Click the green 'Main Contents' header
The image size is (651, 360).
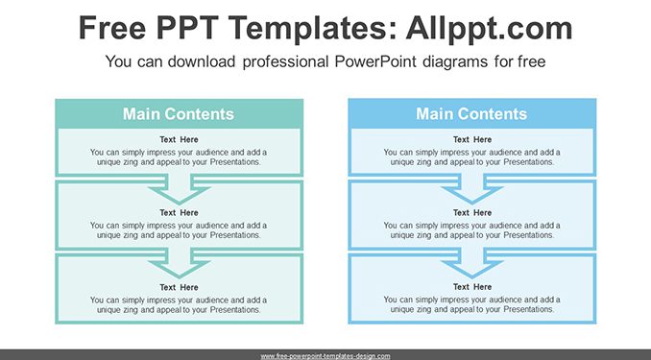tap(179, 114)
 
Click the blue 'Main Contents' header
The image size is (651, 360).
tap(472, 114)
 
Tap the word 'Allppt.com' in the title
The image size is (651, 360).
tap(489, 28)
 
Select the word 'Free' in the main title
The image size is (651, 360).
tap(112, 28)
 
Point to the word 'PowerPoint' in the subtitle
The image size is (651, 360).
tap(375, 61)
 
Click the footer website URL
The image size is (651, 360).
tap(325, 356)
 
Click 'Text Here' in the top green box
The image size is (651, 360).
tap(179, 139)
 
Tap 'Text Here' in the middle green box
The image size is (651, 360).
tap(179, 212)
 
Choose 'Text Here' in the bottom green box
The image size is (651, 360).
tap(179, 287)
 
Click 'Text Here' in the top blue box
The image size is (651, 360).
tap(472, 139)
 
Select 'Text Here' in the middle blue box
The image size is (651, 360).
tap(472, 212)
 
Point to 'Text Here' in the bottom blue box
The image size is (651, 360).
tap(472, 287)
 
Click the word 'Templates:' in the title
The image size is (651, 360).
tap(307, 28)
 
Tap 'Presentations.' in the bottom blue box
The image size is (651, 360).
tap(529, 309)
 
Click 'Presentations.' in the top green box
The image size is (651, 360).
tap(235, 162)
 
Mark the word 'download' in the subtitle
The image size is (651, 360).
tap(202, 61)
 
